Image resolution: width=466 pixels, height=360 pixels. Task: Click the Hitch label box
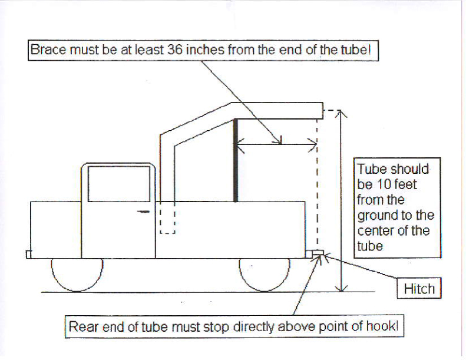(419, 288)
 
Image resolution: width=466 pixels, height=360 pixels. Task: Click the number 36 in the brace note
(175, 49)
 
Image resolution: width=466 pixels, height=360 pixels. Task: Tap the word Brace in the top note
(48, 49)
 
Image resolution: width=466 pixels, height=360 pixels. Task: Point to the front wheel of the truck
(77, 275)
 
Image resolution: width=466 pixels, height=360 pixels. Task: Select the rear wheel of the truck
(265, 275)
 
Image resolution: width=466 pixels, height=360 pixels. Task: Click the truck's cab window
(119, 184)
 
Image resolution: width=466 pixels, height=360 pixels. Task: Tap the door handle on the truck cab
(143, 212)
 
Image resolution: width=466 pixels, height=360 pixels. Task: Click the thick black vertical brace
(236, 160)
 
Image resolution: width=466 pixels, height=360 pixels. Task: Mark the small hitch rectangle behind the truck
(318, 253)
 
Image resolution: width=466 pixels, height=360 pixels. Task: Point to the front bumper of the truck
(28, 255)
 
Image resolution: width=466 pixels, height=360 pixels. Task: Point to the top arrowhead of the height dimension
(341, 113)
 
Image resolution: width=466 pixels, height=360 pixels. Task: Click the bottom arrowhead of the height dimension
(342, 288)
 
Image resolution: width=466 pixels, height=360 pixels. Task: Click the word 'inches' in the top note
(205, 49)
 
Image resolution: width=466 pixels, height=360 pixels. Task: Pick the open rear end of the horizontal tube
(323, 111)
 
